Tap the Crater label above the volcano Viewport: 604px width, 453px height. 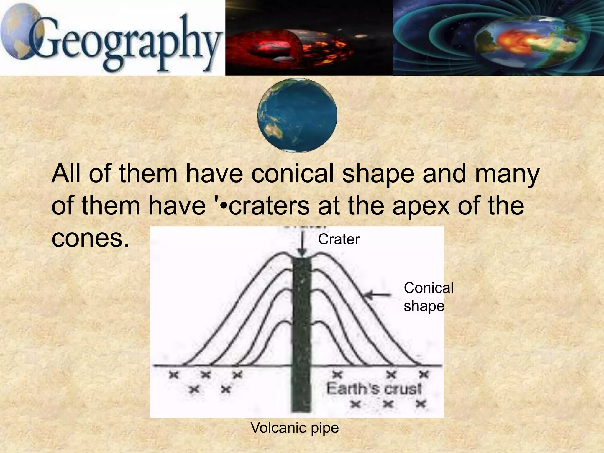click(339, 239)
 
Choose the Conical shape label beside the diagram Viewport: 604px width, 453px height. click(428, 297)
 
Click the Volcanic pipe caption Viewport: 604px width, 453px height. click(295, 428)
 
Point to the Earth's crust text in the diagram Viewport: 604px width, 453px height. click(374, 388)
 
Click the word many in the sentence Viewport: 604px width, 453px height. click(507, 174)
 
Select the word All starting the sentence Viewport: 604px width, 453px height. click(66, 174)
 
